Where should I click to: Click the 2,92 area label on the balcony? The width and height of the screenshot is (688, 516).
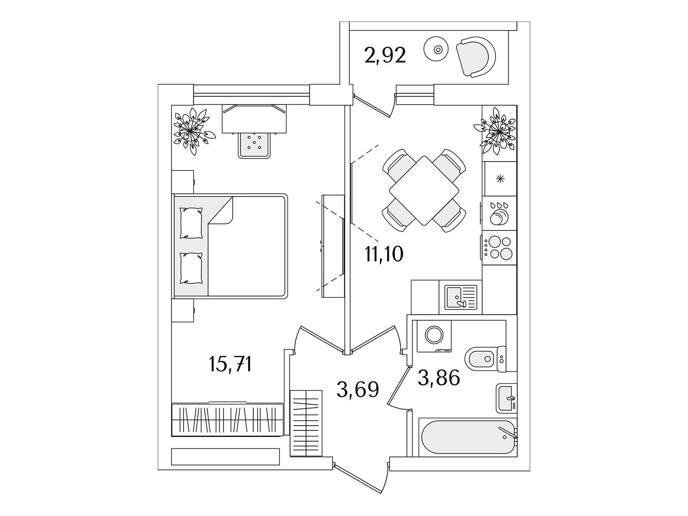coord(385,55)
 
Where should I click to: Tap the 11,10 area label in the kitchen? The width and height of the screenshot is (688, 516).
coord(384,253)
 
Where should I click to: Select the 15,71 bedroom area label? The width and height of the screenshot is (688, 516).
coord(230,364)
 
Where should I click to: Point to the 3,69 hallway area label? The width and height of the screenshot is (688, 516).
coord(358,390)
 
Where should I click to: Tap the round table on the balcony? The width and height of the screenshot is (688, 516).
coord(436,49)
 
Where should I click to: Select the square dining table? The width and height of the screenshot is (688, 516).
coord(424,190)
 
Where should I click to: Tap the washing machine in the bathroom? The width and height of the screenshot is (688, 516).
coord(434,336)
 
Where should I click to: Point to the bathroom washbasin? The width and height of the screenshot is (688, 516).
coord(506,398)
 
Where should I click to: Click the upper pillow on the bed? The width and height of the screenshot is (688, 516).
coord(191,223)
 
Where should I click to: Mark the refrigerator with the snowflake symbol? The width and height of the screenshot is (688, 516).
coord(501,179)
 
